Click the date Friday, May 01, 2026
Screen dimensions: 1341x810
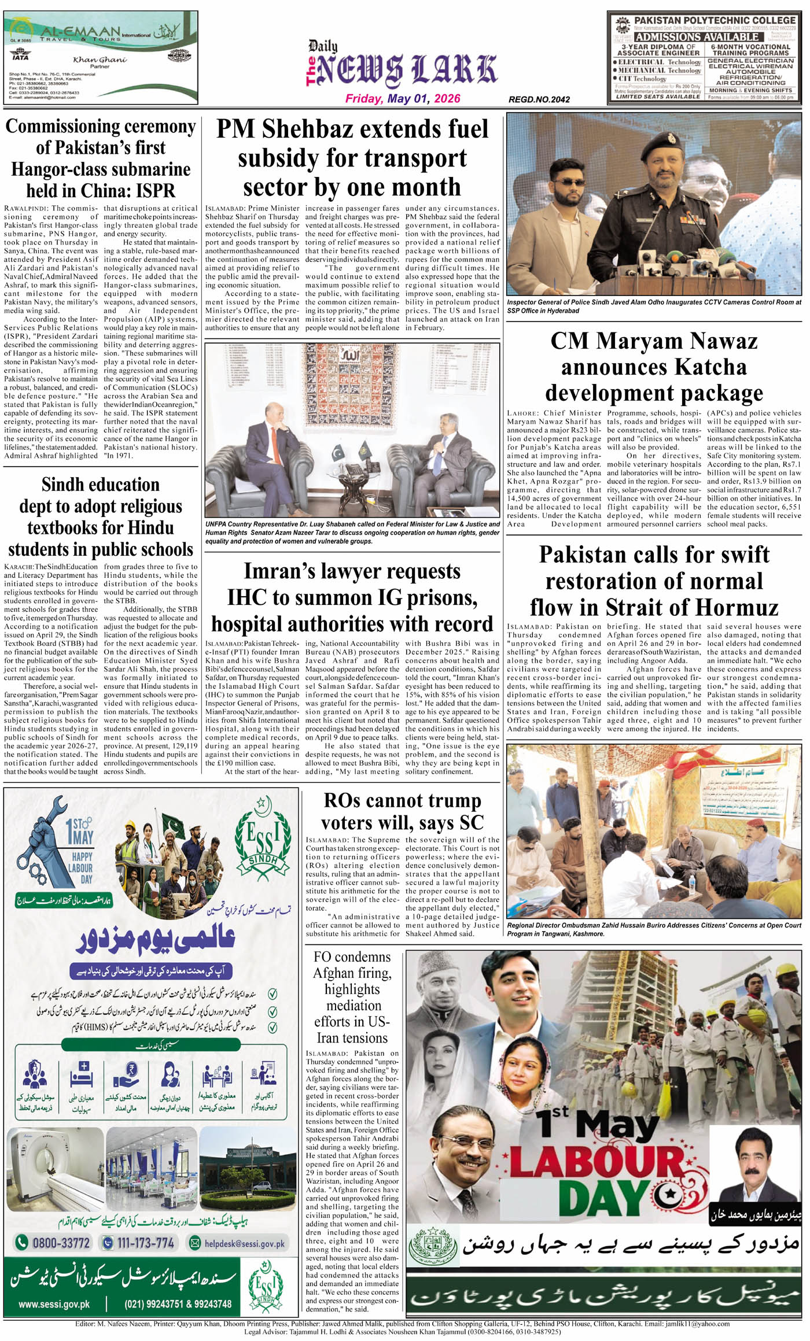[x=403, y=98]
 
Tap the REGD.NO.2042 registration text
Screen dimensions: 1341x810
[x=539, y=99]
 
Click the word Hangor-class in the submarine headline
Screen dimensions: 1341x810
[x=51, y=169]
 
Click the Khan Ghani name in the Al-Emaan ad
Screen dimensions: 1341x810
[x=100, y=60]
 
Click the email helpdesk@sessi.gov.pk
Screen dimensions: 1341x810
[x=245, y=1243]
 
